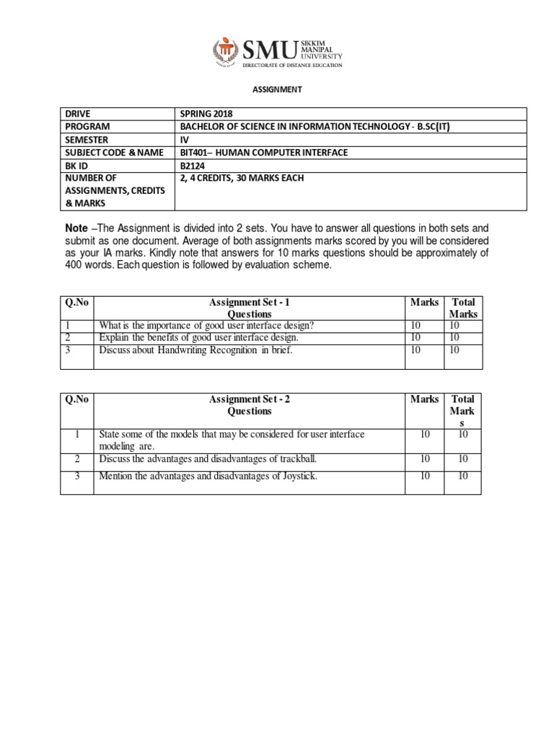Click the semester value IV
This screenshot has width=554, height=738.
point(183,139)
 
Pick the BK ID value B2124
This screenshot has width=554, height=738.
point(192,165)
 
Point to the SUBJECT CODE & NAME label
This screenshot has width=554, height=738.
point(114,152)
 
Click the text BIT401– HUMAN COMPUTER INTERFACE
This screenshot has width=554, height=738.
point(263,152)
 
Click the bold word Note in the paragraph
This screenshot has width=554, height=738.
point(78,228)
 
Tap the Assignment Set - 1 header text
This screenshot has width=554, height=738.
point(249,303)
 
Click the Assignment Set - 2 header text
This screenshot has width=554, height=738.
point(249,399)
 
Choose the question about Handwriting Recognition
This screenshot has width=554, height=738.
point(195,350)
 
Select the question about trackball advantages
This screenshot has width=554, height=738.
point(208,459)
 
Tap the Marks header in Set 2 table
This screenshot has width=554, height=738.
point(424,399)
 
